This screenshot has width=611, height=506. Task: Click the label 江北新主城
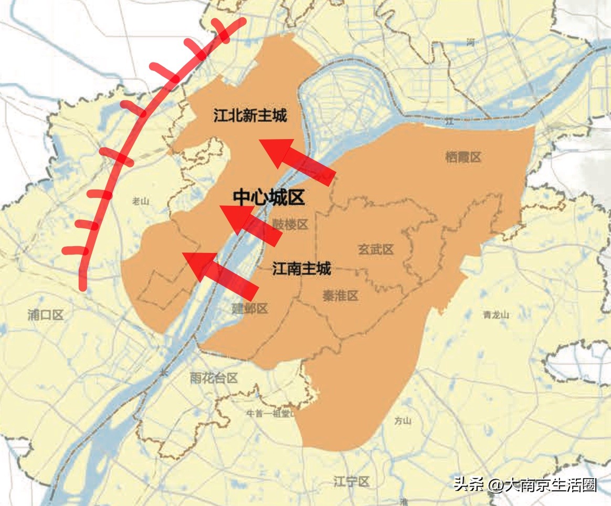(250, 115)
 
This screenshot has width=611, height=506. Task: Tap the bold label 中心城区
(269, 197)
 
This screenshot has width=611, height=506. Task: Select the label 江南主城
(301, 269)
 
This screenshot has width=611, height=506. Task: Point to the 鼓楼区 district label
(290, 225)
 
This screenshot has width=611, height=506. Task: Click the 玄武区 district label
(376, 249)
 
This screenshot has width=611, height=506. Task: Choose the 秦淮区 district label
(341, 296)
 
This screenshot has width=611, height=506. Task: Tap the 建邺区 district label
(250, 309)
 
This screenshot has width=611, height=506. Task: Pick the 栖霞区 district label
(463, 157)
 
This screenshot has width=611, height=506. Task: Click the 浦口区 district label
(46, 315)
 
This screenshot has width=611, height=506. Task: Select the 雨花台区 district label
(214, 378)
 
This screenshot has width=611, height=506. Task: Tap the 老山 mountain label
(141, 200)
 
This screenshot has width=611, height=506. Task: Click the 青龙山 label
(496, 315)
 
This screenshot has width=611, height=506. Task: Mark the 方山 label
(403, 421)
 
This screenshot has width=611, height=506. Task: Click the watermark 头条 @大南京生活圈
(525, 484)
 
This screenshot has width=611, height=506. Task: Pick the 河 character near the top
(470, 42)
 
